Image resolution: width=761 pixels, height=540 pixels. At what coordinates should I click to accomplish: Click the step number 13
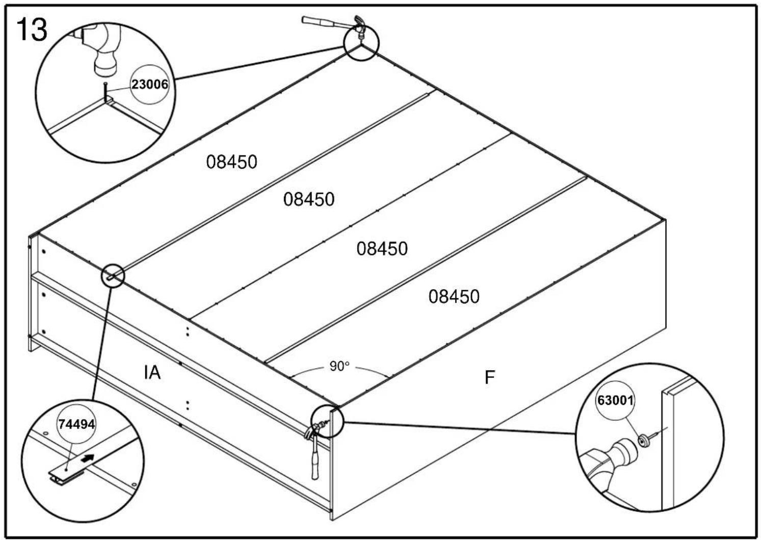click(32, 30)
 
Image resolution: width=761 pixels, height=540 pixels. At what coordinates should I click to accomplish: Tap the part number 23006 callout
click(149, 84)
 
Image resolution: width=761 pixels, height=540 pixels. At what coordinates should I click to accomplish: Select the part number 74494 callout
click(76, 424)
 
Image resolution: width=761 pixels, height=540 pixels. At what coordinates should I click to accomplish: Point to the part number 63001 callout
click(616, 400)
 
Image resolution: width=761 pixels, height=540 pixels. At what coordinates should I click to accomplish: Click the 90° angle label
click(339, 366)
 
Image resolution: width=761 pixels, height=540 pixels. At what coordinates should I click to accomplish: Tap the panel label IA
click(152, 372)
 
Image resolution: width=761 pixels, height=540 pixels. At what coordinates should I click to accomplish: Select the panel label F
click(489, 377)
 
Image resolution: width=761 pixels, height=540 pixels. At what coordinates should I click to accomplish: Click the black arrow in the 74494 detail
click(88, 459)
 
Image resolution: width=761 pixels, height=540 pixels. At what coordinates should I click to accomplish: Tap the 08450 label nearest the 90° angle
click(454, 296)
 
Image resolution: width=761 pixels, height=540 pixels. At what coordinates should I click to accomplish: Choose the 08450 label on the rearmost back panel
click(232, 162)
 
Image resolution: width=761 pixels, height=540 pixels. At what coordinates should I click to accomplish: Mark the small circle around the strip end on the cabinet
click(113, 275)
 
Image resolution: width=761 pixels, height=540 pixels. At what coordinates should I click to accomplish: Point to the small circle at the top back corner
click(361, 43)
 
